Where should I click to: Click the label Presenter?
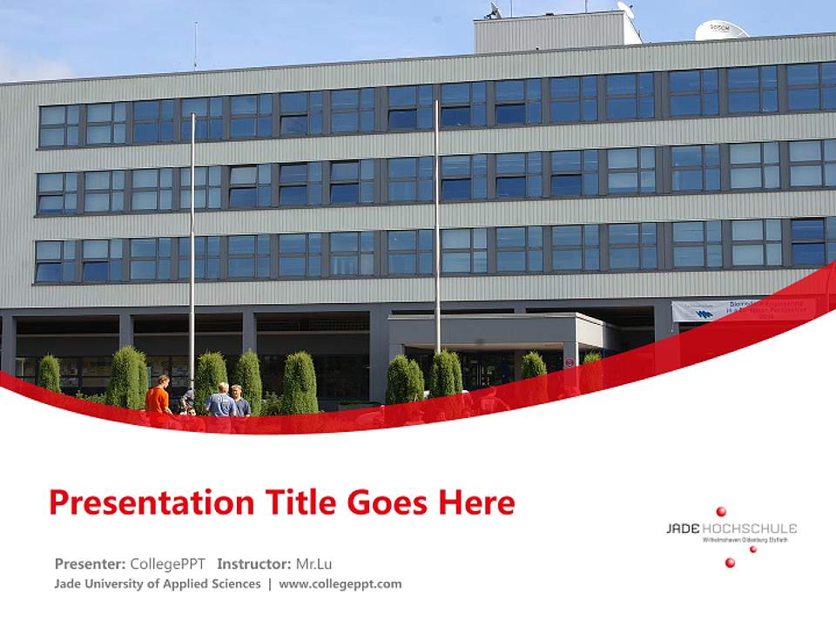tap(90, 563)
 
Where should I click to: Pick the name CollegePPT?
tap(167, 563)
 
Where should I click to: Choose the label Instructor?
tap(254, 563)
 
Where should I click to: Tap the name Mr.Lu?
tap(313, 563)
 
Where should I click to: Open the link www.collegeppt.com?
tap(340, 583)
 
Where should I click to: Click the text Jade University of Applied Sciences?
tap(158, 583)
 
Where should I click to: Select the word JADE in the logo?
tap(682, 529)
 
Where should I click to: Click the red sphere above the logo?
tap(721, 511)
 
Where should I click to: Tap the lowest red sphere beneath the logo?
tap(730, 563)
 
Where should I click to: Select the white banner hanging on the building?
tap(731, 309)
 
